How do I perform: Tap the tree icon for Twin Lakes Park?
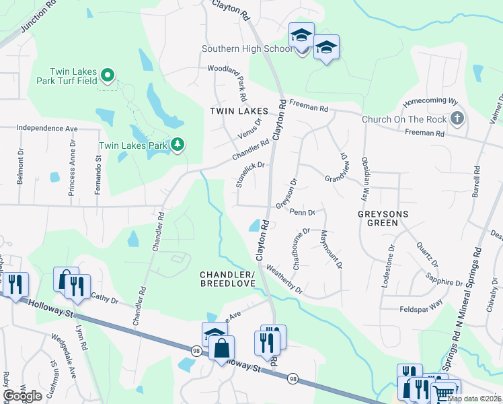(x=178, y=145)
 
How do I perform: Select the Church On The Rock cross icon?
(x=457, y=119)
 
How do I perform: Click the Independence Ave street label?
(x=47, y=127)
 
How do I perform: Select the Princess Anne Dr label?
(x=72, y=173)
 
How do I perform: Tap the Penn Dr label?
(x=302, y=212)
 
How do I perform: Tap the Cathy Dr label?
(x=104, y=299)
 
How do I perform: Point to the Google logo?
(x=22, y=395)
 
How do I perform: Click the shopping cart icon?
(x=444, y=392)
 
